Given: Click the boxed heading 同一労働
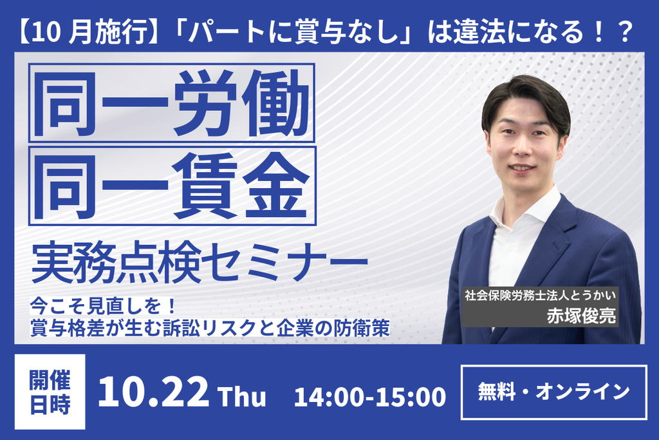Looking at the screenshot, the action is [x=171, y=103].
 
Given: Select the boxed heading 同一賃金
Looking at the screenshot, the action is [x=172, y=186].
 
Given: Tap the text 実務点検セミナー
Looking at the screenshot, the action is [x=200, y=262].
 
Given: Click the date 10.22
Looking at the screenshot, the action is [x=153, y=392].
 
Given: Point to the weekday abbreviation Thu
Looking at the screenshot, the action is [x=242, y=396].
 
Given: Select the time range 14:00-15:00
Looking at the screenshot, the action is [x=370, y=396].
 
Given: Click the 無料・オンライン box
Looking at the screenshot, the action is [x=554, y=392].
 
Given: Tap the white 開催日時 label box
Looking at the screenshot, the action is [x=50, y=392].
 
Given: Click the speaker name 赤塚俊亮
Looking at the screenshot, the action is [x=581, y=316].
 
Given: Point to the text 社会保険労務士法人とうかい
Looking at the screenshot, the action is [x=540, y=295].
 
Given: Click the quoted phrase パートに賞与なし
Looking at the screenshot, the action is [x=292, y=32].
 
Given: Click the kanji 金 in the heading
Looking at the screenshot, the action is [x=275, y=186].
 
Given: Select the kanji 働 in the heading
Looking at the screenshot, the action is [x=275, y=103].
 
